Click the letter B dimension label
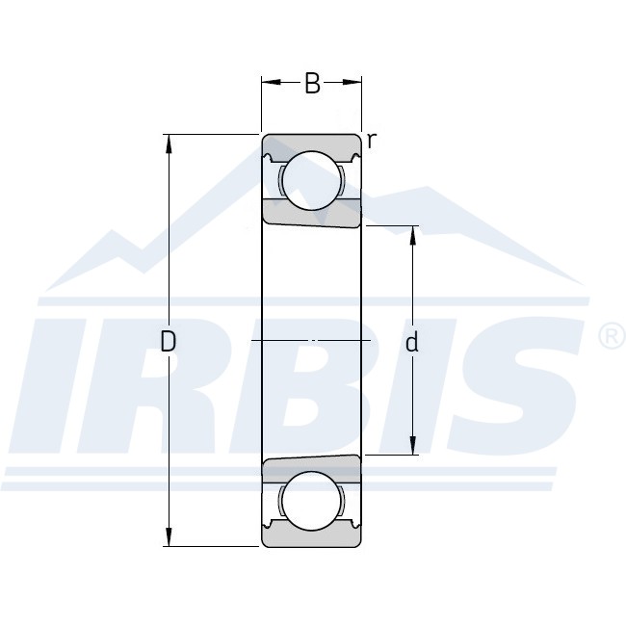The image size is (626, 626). pos(312,83)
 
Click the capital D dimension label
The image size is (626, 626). pos(169,342)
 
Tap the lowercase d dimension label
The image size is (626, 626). pos(411,343)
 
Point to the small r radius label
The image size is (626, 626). pos(372,141)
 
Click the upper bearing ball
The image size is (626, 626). pos(312,180)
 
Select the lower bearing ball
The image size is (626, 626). pos(312,501)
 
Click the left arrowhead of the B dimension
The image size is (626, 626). pos(272,82)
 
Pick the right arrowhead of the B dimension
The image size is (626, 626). pos(352,82)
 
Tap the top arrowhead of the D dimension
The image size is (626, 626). pos(169,144)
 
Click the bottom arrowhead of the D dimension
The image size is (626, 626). pos(169,536)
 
